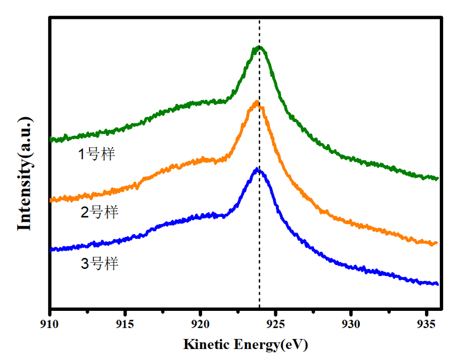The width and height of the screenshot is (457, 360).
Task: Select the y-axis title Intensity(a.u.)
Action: (x=24, y=173)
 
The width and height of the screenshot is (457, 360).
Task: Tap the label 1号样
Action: (x=96, y=154)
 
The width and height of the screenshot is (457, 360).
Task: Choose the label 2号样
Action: (x=99, y=212)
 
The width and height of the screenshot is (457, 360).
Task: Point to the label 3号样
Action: (x=99, y=263)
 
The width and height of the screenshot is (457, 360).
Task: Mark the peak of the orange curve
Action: (x=256, y=103)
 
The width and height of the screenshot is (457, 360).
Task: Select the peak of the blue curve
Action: (x=257, y=170)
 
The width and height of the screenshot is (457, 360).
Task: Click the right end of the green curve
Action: (x=437, y=178)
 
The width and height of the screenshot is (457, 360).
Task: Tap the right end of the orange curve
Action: (x=437, y=243)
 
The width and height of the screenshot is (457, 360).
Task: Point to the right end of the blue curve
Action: (x=438, y=284)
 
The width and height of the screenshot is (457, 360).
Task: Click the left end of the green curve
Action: (x=51, y=140)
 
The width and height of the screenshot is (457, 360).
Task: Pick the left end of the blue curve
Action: (x=51, y=250)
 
